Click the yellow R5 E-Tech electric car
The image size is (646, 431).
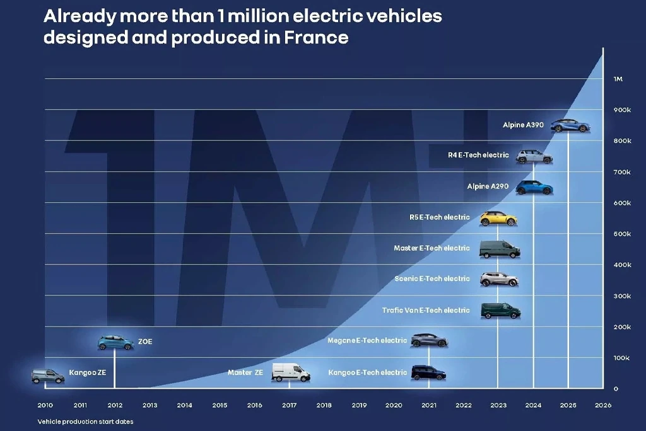coord(498,218)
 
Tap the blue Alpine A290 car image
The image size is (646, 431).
coord(534,187)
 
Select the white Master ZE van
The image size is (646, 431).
coord(290,372)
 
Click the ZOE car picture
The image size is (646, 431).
coord(116,343)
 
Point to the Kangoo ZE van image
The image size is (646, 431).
coord(48,376)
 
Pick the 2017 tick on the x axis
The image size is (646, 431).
coord(289,405)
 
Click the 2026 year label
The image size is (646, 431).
coord(603,405)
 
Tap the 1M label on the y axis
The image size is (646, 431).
coord(618,79)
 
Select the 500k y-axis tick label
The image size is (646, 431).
coord(622,234)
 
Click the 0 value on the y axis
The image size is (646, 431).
coord(616,389)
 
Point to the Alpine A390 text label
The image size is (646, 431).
coord(523,125)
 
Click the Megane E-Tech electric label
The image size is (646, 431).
coord(367,340)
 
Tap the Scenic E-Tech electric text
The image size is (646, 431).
coord(432,279)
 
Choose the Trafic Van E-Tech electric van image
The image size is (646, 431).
coord(500,311)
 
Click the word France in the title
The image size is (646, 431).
coord(316,37)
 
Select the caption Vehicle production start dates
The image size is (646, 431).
coord(85,422)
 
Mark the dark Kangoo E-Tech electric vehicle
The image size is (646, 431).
coord(428,372)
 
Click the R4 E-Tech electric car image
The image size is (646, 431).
coord(534,156)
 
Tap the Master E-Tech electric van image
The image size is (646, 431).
coord(500,250)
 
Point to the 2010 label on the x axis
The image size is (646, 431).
coord(45,405)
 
